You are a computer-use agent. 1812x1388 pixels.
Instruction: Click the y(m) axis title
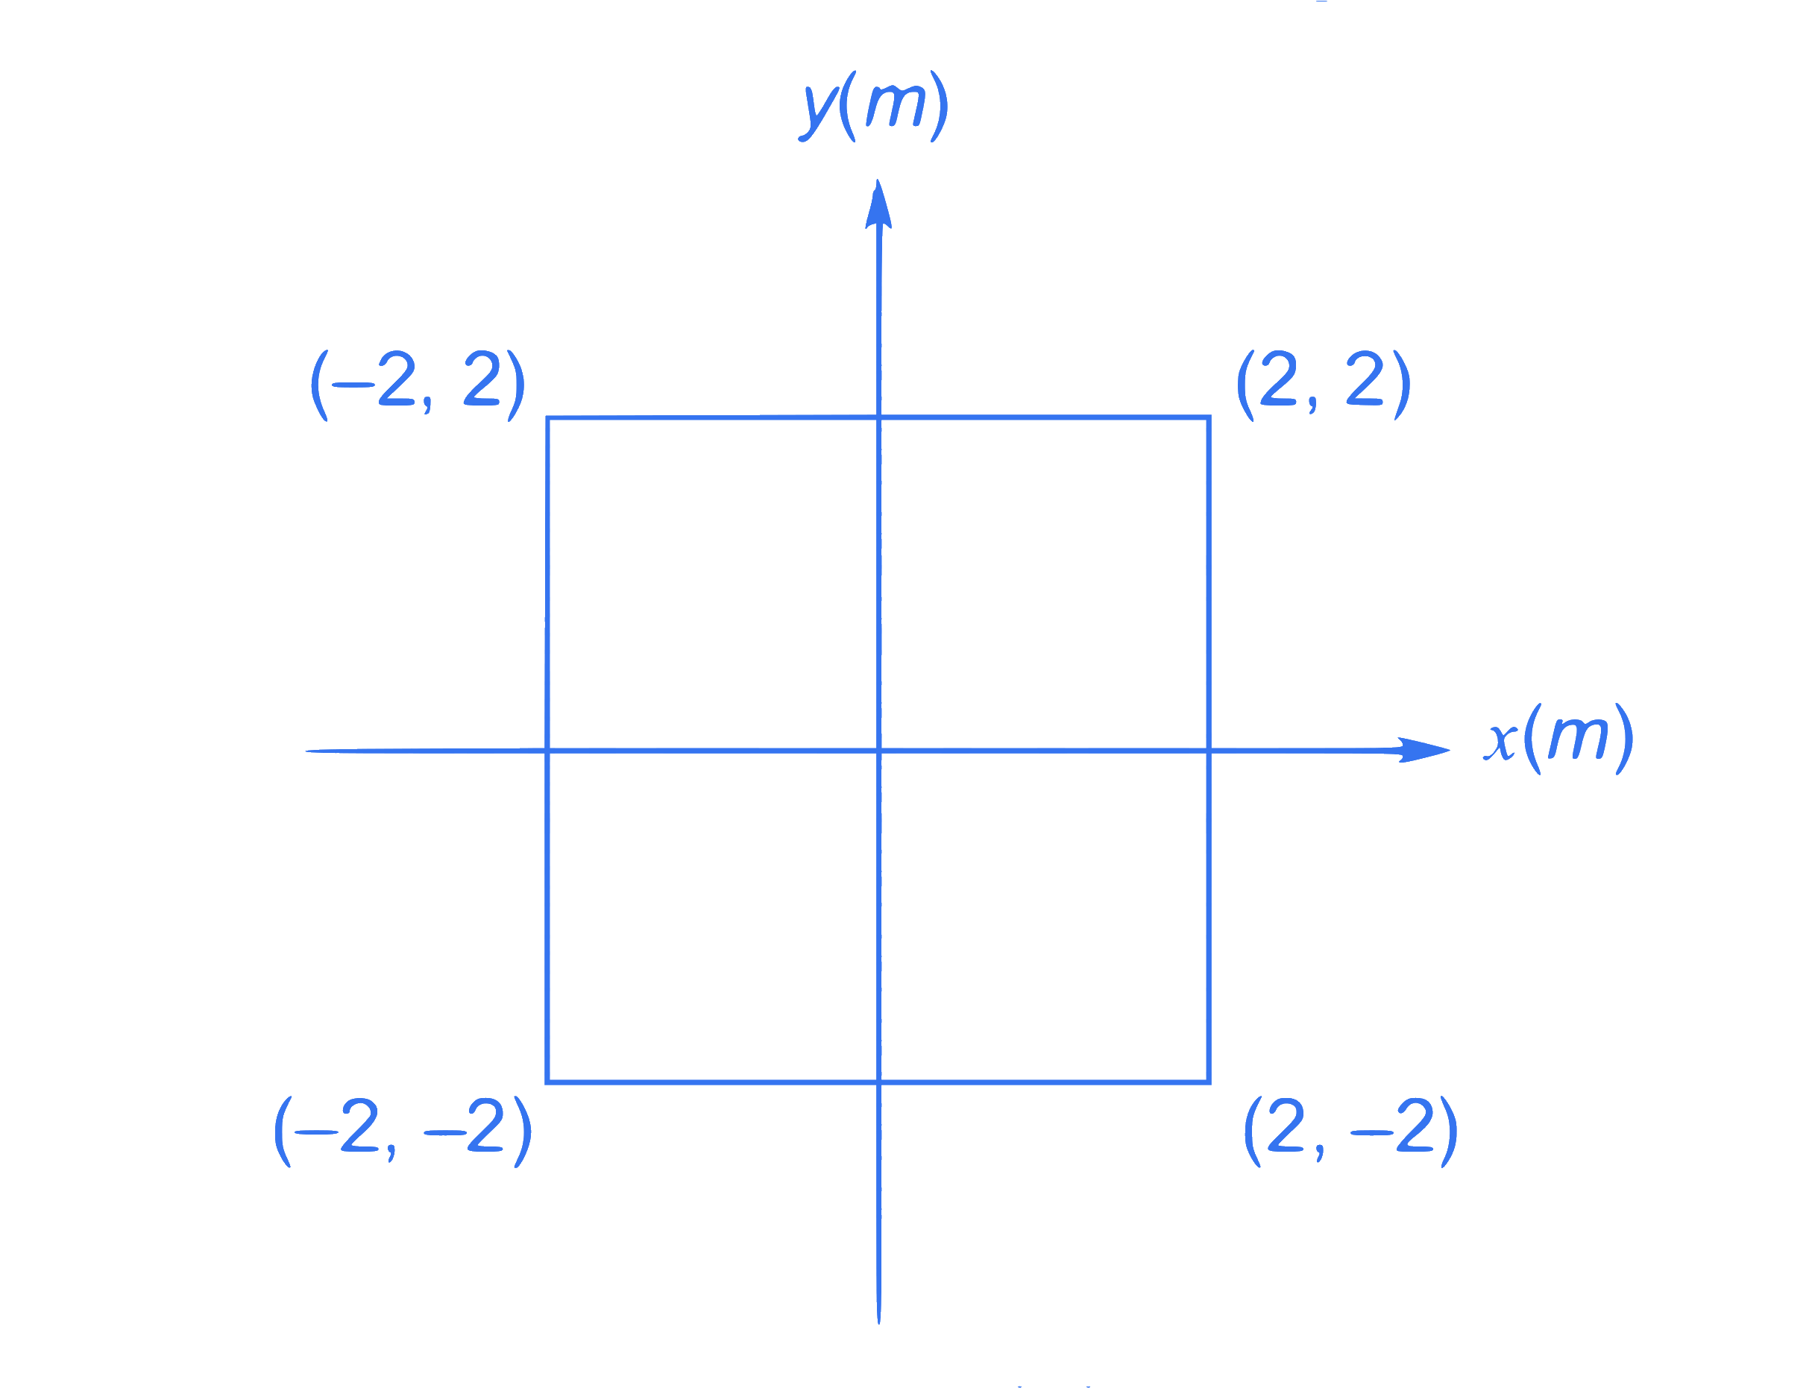pos(872,107)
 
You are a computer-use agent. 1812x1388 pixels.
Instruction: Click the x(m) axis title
pos(1558,739)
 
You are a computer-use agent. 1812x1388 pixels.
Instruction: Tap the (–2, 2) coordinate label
pos(418,385)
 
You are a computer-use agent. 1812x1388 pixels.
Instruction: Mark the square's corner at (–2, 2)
pos(548,418)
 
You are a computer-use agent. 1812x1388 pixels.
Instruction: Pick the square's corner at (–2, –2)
pos(547,1082)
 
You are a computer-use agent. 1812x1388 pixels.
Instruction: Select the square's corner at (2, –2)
pos(1209,1082)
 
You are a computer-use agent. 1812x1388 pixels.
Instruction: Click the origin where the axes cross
pos(879,751)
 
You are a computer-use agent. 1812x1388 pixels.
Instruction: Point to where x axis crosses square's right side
pos(1209,751)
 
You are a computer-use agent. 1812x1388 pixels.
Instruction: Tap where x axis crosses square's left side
pos(547,751)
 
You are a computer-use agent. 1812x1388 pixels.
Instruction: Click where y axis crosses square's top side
pos(879,417)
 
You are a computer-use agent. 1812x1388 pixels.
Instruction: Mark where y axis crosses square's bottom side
pos(879,1082)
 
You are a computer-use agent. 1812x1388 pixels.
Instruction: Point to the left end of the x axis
pos(306,751)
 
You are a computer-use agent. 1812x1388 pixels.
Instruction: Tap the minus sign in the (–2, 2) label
pos(353,385)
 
